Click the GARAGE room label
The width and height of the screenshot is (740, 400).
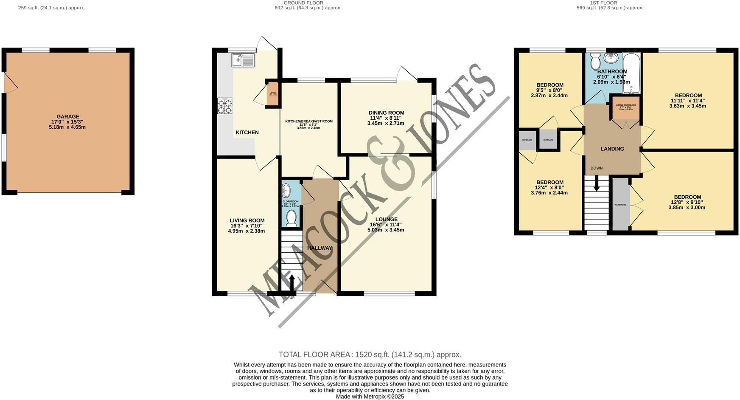pos(68,117)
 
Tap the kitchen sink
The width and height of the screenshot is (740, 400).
pos(243,60)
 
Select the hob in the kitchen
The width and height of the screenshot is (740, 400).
pos(225,106)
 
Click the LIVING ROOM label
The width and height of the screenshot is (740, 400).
pos(247,220)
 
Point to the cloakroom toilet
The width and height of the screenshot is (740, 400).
pos(291,218)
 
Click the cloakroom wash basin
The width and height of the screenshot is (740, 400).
pos(286,190)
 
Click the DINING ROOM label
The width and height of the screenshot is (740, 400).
pos(386,113)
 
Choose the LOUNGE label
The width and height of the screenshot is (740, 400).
pos(386,220)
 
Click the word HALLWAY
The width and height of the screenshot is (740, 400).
pos(320,248)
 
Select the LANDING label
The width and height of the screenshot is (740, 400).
pos(612,149)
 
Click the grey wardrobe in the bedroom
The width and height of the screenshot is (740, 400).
pos(620,205)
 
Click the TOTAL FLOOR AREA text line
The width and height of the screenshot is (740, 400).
pos(370,355)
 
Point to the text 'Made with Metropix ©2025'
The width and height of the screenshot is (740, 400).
pos(370,397)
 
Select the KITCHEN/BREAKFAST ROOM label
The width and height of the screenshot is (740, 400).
pos(308,121)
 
